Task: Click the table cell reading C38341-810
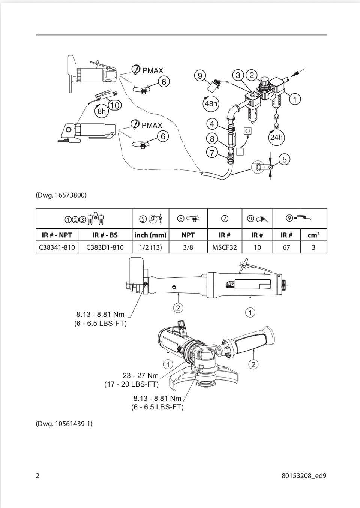(x=57, y=247)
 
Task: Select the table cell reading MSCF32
(x=225, y=247)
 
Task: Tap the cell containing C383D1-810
(x=105, y=247)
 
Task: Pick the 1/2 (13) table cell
(x=150, y=247)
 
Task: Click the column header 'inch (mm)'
(x=150, y=235)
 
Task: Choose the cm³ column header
(x=314, y=235)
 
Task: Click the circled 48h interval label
(x=211, y=103)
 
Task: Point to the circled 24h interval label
(x=276, y=137)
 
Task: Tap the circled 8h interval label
(x=101, y=111)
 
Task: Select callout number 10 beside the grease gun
(x=115, y=105)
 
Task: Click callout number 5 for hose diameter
(x=284, y=159)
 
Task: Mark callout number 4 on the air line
(x=212, y=124)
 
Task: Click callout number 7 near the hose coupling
(x=212, y=153)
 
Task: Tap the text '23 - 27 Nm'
(x=141, y=375)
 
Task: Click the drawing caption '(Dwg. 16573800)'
(x=61, y=195)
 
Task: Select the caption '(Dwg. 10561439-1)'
(x=64, y=423)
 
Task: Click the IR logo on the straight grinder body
(x=229, y=284)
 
